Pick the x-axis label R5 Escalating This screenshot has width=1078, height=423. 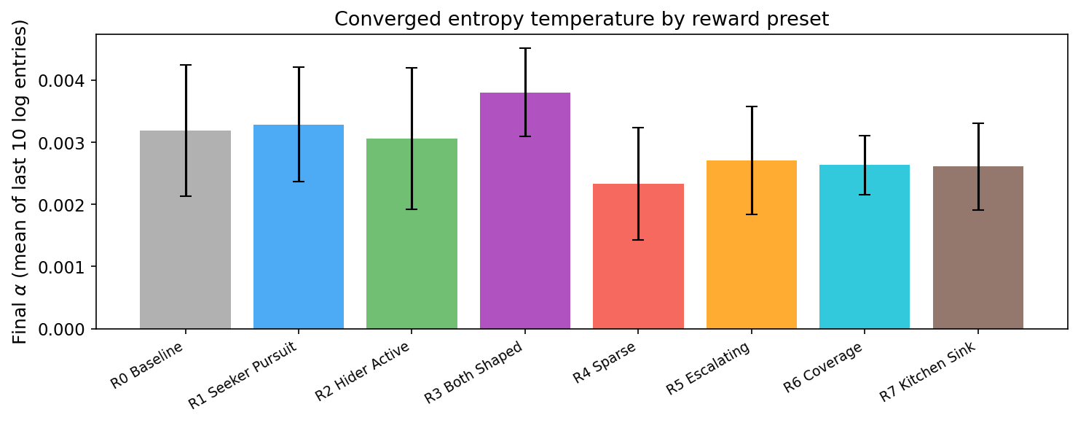click(708, 370)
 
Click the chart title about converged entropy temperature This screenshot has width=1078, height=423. click(581, 19)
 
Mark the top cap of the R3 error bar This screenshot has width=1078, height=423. click(525, 48)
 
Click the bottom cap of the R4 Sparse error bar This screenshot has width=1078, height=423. click(638, 239)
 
